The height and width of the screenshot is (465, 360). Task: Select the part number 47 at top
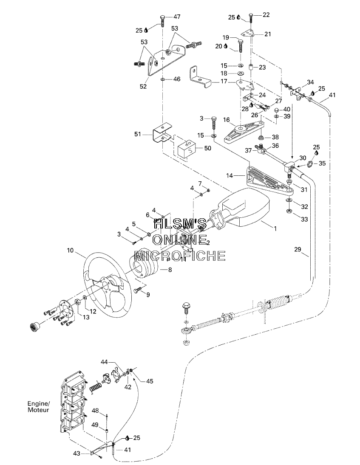176,17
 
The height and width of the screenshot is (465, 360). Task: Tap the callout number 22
266,15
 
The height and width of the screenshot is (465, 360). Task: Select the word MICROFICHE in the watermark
180,256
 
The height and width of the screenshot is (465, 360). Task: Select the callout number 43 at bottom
76,454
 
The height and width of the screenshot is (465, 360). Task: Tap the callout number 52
143,86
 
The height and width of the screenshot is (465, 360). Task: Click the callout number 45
150,381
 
